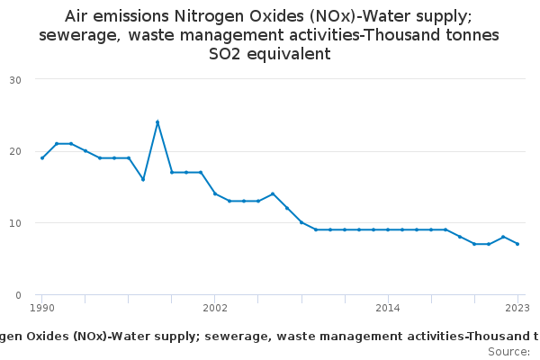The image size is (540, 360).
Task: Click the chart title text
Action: (269, 35)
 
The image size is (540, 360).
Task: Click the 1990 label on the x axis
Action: (41, 308)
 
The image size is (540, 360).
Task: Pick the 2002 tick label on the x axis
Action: (215, 308)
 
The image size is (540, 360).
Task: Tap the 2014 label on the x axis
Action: (388, 308)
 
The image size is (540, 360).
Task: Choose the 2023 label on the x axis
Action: (517, 308)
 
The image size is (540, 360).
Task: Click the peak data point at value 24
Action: (157, 121)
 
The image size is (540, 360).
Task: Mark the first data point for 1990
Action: (42, 157)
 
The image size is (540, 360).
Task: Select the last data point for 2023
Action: (517, 244)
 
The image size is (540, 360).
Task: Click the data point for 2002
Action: (215, 193)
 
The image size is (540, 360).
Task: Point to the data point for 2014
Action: (388, 229)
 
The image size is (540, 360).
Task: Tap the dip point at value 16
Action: (143, 179)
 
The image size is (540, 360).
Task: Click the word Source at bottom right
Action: (508, 351)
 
